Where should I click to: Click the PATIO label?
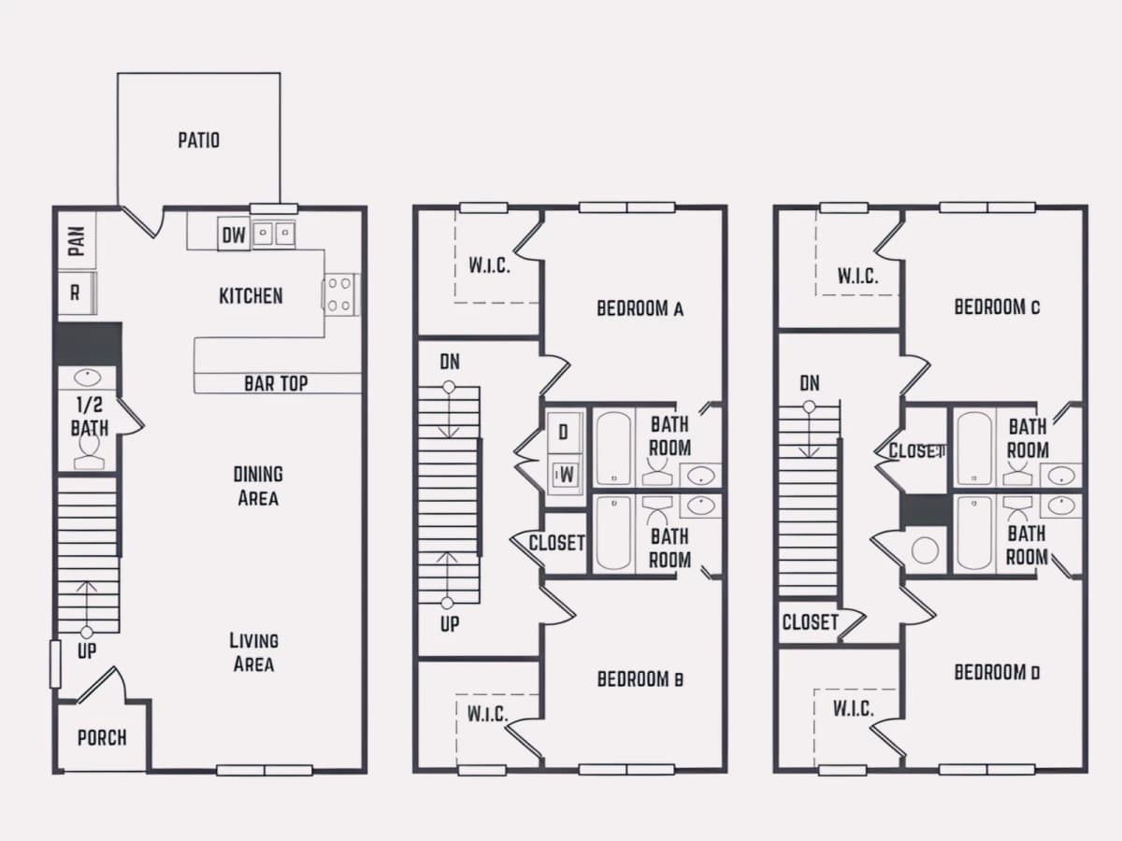click(199, 140)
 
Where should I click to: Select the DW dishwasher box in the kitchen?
click(234, 235)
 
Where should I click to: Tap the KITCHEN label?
click(251, 296)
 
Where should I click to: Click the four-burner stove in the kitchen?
click(340, 294)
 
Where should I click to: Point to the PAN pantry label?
click(78, 241)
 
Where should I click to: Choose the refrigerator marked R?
click(77, 293)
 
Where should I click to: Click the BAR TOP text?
click(276, 383)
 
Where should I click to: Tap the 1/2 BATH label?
click(90, 417)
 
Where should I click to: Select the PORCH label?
click(102, 738)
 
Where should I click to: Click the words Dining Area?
click(258, 486)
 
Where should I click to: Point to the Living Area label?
click(254, 652)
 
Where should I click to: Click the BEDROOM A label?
click(640, 308)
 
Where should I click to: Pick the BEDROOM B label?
click(640, 679)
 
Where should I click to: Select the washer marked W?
click(566, 476)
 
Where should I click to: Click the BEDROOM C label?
click(997, 306)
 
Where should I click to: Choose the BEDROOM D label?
click(997, 673)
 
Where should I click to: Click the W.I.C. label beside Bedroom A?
click(489, 265)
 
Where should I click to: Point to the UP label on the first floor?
click(86, 651)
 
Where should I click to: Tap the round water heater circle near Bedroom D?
click(925, 551)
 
